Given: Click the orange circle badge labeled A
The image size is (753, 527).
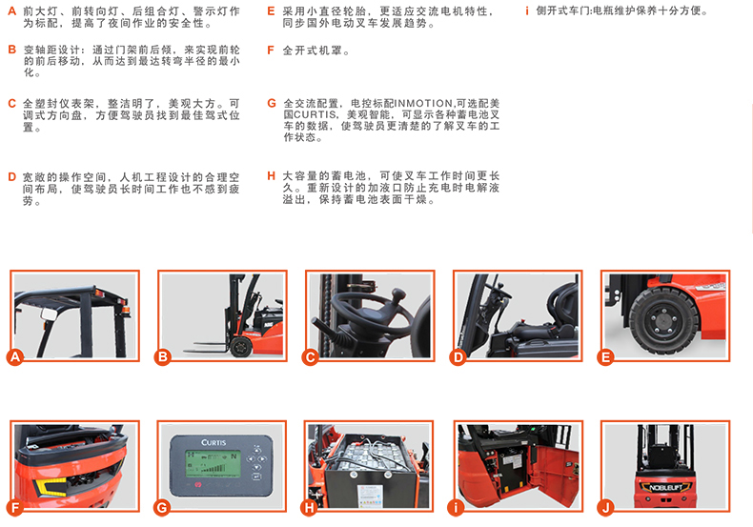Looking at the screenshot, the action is (15, 357).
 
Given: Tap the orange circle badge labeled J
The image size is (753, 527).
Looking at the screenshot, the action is (605, 507).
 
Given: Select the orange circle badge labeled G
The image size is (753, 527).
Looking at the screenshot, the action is (162, 507).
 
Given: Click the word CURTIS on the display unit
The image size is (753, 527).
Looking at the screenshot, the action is (214, 442).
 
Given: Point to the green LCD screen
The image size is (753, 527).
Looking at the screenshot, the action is (213, 465).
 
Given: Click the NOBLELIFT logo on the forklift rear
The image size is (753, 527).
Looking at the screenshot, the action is (665, 488).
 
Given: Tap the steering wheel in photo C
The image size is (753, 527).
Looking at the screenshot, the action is (370, 312).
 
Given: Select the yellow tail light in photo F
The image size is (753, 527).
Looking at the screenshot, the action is (51, 487).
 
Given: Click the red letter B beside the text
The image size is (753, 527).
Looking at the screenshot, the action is (12, 50).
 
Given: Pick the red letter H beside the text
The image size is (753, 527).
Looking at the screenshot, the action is (272, 176).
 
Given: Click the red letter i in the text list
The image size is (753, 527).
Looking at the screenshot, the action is (527, 10).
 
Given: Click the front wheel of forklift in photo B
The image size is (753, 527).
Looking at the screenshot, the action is (240, 347).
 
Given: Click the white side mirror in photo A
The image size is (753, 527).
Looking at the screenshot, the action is (49, 314).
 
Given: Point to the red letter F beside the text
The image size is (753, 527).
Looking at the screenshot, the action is (271, 51).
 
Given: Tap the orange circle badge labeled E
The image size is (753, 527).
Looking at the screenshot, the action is (605, 357).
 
